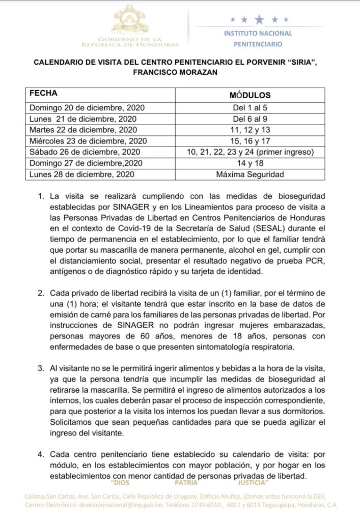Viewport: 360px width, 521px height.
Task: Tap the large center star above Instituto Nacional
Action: [260, 20]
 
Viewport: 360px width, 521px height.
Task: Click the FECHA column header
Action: [43, 94]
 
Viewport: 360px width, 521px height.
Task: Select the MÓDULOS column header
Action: [250, 95]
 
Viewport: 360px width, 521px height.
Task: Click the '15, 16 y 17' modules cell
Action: [250, 141]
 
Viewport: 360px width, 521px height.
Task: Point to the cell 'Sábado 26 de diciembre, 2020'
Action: [84, 152]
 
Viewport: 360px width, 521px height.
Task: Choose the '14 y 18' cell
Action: [250, 163]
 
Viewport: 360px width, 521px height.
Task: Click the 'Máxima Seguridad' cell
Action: [250, 175]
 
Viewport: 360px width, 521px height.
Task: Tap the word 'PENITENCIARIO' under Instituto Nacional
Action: [258, 44]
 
